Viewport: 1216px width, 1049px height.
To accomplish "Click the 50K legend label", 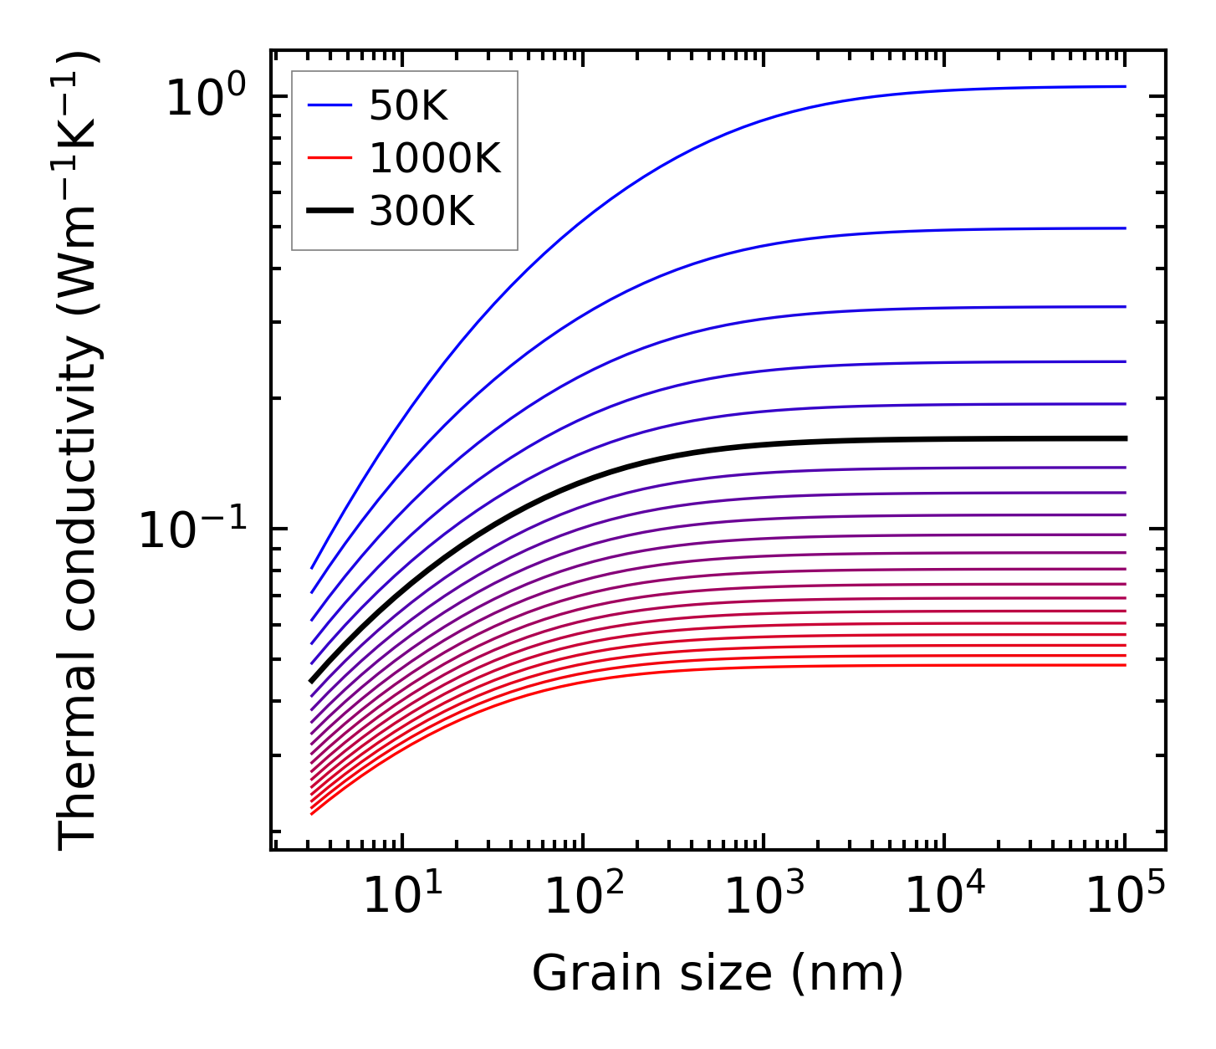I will point(409,106).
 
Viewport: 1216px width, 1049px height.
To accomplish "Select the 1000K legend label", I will point(435,159).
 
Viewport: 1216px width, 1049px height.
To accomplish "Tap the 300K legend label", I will point(422,212).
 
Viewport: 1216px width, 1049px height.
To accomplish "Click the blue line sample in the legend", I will point(331,106).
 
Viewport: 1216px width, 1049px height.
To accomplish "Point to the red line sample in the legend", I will point(331,159).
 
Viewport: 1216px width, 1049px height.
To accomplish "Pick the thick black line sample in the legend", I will point(331,212).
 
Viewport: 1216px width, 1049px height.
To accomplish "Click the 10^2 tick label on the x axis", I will point(583,898).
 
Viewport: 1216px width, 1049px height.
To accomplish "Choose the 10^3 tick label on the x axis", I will point(764,898).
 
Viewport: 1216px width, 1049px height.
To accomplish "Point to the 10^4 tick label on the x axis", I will point(945,898).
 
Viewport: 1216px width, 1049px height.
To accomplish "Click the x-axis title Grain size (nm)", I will point(718,975).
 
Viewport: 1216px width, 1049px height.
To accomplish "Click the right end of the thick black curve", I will point(1126,438).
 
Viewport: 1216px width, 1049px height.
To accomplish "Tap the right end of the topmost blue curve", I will point(1126,86).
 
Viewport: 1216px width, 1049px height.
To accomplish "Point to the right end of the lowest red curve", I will point(1126,665).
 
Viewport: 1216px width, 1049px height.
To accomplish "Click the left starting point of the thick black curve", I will point(311,682).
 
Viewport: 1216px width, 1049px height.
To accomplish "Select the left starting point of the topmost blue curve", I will point(311,569).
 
